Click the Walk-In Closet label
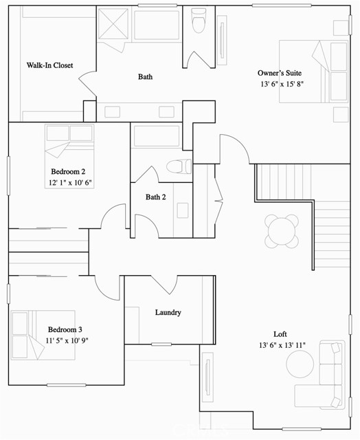(x=49, y=65)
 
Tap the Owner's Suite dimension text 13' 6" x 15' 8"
(x=282, y=84)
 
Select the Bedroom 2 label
(x=68, y=171)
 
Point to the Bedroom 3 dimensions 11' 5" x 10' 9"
(x=67, y=341)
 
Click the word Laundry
(x=168, y=313)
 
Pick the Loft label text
(x=280, y=334)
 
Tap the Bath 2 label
(x=155, y=197)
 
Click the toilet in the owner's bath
(x=199, y=21)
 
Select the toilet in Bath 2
(x=179, y=166)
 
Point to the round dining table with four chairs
(x=282, y=232)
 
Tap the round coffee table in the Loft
(x=300, y=364)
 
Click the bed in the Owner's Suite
(x=314, y=71)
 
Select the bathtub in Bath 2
(x=157, y=136)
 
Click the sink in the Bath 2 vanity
(x=183, y=210)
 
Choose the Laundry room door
(x=164, y=285)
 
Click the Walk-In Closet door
(x=87, y=84)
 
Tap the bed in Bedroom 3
(x=43, y=335)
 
